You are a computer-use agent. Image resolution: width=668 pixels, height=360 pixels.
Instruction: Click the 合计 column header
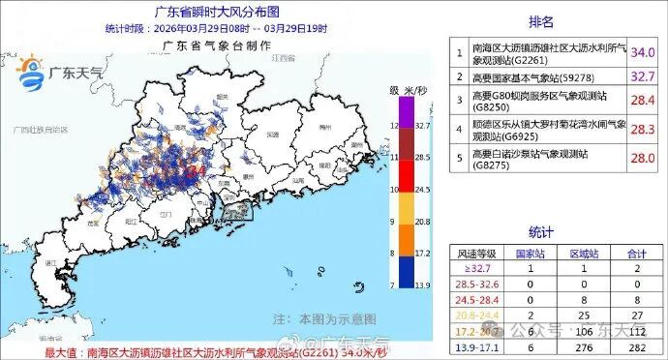[x=635, y=252]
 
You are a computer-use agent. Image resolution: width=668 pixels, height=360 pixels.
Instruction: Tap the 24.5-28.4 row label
[x=481, y=300]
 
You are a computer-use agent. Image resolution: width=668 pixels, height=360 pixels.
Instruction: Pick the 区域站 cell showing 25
[x=584, y=315]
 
